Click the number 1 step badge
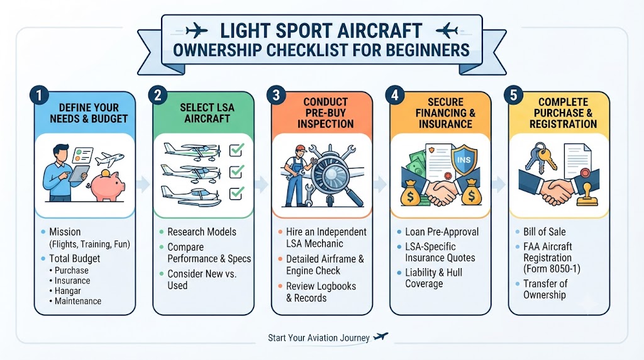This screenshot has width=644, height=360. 40,96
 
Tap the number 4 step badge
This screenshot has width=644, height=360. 395,96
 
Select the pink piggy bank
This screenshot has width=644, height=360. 107,185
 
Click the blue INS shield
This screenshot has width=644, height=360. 464,159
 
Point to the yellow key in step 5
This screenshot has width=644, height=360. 547,158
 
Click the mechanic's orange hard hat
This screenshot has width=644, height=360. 301,149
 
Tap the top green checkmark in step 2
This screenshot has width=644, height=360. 236,150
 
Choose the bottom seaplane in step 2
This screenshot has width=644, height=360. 191,196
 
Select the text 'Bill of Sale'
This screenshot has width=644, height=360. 544,232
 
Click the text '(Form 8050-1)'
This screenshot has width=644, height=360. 552,269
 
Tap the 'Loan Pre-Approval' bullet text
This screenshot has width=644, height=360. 441,232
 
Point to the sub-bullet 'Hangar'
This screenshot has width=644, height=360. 68,291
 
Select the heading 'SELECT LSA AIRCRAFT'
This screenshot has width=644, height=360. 207,113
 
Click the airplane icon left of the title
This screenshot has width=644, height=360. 196,30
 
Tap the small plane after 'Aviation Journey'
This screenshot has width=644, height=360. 380,337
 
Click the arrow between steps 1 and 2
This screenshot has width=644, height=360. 143,184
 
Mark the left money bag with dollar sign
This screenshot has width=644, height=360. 410,194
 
